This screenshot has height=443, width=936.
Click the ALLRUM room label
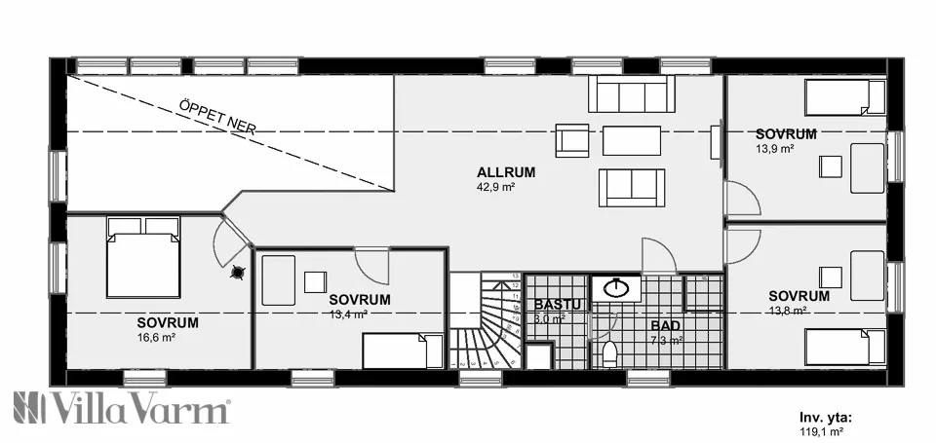click(x=505, y=172)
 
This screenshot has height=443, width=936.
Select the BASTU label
click(x=552, y=304)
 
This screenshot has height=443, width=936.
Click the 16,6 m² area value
click(x=156, y=338)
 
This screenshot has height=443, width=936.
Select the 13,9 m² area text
click(x=774, y=149)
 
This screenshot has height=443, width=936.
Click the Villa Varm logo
click(x=121, y=408)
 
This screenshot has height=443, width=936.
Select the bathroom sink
click(x=616, y=288)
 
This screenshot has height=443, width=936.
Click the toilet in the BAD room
click(x=610, y=352)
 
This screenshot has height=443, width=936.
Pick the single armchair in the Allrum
click(x=572, y=139)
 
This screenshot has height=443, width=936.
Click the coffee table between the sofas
click(x=632, y=140)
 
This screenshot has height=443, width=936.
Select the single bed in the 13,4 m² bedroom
click(x=396, y=351)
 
